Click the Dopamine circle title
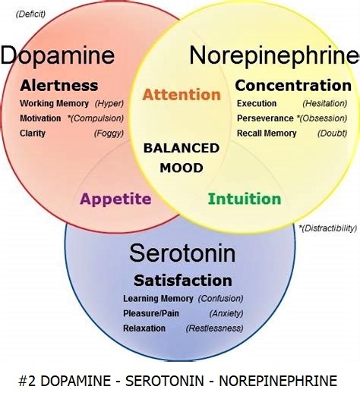[x=58, y=56]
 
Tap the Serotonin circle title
[x=182, y=253]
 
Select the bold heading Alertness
[x=59, y=86]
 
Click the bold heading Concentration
[x=293, y=86]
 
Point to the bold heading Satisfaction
[x=183, y=281]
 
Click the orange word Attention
[x=182, y=95]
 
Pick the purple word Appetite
[x=115, y=199]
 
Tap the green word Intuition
[x=245, y=199]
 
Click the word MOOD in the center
[x=182, y=168]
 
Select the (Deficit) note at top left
[x=30, y=14]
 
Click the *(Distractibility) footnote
[x=328, y=228]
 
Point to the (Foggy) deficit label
[x=109, y=134]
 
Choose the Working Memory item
[x=54, y=104]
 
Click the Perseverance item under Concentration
[x=265, y=118]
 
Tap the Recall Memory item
[x=267, y=134]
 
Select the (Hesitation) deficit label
[x=325, y=104]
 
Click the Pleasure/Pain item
[x=151, y=313]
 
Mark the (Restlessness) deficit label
[x=214, y=328]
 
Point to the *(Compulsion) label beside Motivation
[x=96, y=118]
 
